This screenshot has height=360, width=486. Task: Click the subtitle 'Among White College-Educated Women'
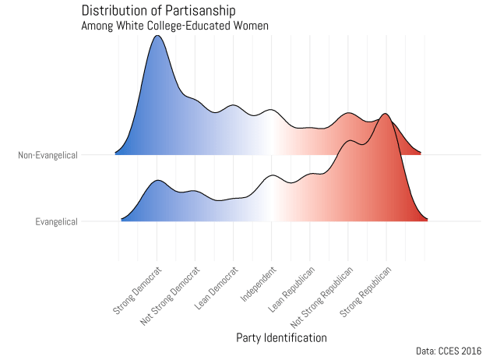pos(175,26)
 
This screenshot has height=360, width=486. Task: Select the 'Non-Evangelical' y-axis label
pos(48,155)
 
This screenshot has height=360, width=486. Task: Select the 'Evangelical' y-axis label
pos(57,222)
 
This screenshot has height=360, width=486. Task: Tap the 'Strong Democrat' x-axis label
pos(139,291)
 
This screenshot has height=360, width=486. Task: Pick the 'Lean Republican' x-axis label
pos(292,289)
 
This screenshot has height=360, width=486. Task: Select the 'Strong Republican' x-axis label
pos(365,291)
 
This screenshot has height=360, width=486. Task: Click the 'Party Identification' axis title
pos(281,337)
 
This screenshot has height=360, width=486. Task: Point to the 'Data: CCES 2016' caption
pos(449,352)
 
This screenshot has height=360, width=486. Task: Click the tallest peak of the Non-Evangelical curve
pos(158,36)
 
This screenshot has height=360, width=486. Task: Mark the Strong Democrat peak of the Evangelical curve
pos(158,181)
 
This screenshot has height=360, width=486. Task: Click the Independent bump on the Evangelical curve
pos(272,176)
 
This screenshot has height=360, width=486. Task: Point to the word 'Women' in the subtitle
pos(251,26)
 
